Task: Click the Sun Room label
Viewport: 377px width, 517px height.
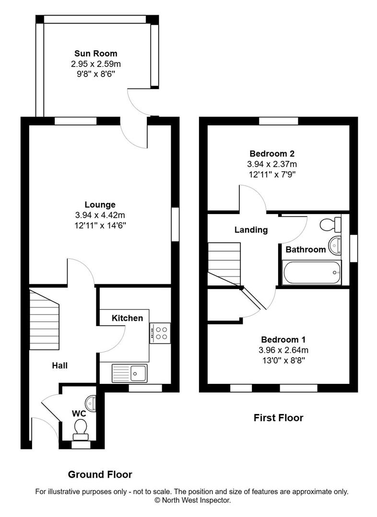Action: (95, 54)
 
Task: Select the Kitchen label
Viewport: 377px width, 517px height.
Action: (127, 318)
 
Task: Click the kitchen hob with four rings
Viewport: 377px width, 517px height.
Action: (160, 333)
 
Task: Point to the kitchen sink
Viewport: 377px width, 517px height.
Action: (130, 373)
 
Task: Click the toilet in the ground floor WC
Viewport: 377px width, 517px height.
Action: (80, 428)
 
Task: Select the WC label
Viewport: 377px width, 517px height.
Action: (79, 413)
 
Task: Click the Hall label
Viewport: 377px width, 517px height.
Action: (60, 366)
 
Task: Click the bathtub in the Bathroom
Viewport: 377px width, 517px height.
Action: (312, 273)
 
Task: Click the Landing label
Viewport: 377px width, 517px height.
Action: (251, 230)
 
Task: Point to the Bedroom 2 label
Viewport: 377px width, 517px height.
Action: (272, 154)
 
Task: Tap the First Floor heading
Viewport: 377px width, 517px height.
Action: (278, 418)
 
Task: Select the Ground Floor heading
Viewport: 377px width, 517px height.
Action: (100, 475)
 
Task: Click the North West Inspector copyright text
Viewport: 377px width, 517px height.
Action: (192, 500)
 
